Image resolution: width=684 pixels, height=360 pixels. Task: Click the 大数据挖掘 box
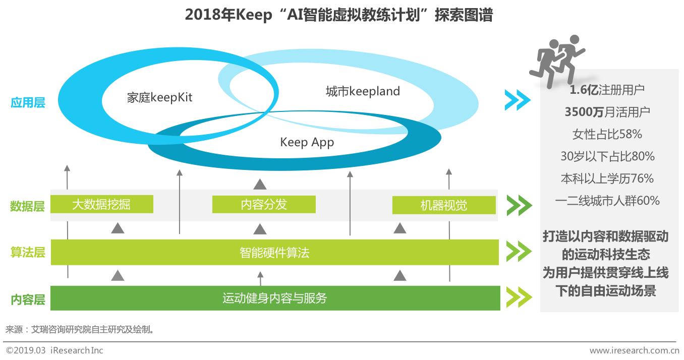(101, 204)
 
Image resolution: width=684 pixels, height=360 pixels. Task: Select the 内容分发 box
(264, 204)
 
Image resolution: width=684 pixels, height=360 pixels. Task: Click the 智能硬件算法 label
(274, 252)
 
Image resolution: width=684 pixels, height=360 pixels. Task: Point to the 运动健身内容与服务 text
(274, 298)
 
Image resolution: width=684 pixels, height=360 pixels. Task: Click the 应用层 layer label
(28, 103)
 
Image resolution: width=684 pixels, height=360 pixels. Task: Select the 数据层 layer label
(28, 206)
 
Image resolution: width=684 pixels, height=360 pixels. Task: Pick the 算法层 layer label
(28, 252)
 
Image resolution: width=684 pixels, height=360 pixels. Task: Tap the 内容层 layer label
(28, 299)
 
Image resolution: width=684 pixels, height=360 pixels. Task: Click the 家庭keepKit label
(159, 97)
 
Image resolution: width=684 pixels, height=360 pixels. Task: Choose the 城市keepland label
(362, 91)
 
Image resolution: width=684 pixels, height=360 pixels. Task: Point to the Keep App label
(307, 142)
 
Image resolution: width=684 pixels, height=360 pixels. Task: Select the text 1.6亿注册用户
(607, 90)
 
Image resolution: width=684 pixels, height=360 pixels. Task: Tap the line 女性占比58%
(607, 134)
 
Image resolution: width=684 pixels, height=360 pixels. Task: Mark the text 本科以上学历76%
(607, 178)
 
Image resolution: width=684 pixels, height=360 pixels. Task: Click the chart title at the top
(338, 15)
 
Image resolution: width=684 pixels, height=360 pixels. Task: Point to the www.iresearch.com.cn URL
(634, 350)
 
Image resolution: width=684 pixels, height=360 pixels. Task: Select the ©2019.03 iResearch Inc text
(54, 350)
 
